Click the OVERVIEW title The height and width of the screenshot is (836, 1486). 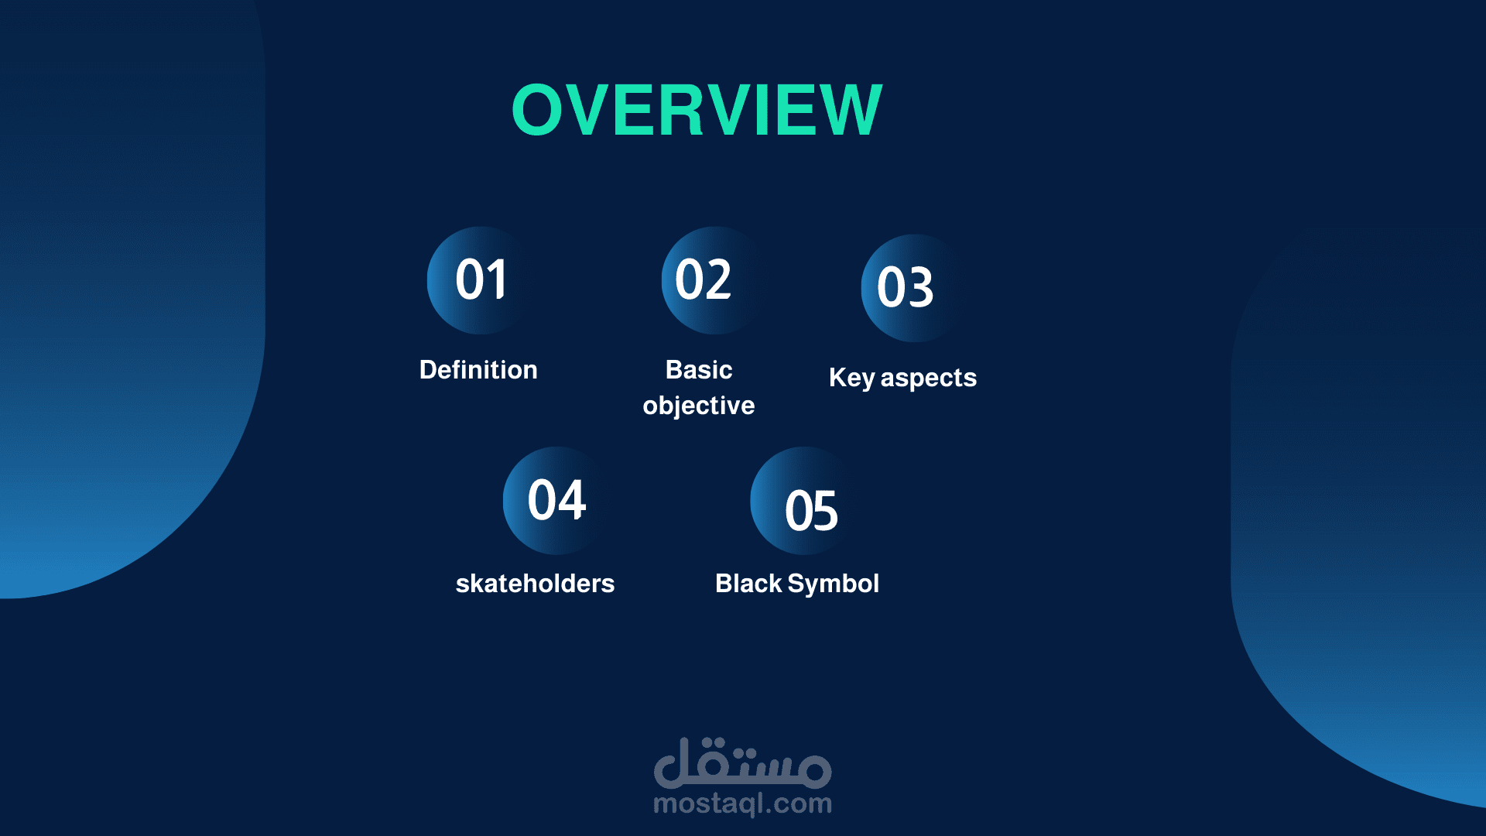pos(697,110)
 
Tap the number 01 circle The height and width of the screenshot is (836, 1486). pos(481,280)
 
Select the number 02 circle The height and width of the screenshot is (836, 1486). pos(715,280)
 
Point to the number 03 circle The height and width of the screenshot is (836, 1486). pos(915,288)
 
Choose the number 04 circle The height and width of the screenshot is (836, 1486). pos(556,500)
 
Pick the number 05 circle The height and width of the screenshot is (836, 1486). pos(804,500)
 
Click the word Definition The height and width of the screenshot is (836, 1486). pos(478,370)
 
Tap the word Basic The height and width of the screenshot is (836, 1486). pos(699,370)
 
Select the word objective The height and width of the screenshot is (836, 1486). pos(699,406)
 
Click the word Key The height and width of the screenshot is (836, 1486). pos(852,379)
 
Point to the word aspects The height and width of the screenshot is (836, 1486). pos(929,379)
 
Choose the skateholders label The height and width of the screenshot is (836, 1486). pos(535,584)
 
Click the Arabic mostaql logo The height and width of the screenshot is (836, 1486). pos(743,762)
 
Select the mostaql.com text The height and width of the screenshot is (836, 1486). pos(743,804)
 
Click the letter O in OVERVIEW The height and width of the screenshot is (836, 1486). pos(537,110)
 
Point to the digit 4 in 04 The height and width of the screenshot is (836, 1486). pos(572,500)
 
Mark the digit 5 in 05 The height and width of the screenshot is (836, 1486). pos(825,511)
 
